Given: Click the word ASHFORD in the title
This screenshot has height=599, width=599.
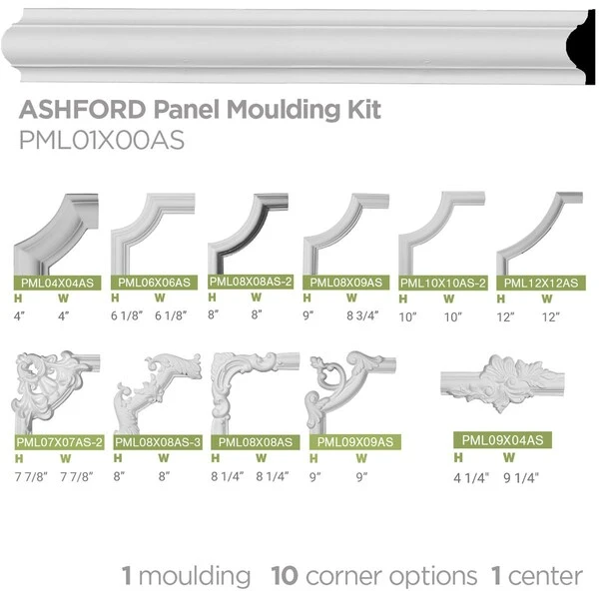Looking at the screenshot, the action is pos(83,109).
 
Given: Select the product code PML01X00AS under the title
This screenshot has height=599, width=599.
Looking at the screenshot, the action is pos(102,140).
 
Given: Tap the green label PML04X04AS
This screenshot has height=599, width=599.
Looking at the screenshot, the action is pos(57,284).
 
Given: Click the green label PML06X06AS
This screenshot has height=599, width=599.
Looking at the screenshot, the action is pos(154,283).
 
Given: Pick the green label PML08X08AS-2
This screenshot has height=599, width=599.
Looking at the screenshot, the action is pos(251,282).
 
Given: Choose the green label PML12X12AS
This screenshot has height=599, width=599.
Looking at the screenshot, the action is pos(541,284).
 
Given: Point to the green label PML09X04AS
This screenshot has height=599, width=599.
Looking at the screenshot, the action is pos(503,440).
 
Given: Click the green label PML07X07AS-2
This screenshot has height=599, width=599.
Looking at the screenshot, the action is pos(59,442).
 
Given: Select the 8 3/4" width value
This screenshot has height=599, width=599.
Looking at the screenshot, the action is pos(362,315).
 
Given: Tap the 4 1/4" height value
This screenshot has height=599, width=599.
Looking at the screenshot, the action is pos(471,478).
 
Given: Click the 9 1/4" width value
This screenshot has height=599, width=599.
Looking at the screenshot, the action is pos(521,478).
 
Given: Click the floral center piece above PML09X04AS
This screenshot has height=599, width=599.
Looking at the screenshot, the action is pos(502,382).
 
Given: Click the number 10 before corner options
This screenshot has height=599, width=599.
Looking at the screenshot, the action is pos(285,576).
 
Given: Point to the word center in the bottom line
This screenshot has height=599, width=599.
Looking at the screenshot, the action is pos(545,577).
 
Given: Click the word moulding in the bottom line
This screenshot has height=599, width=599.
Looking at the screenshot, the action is pos(195,577).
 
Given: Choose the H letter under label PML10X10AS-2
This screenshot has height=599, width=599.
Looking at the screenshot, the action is pos(403,299).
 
